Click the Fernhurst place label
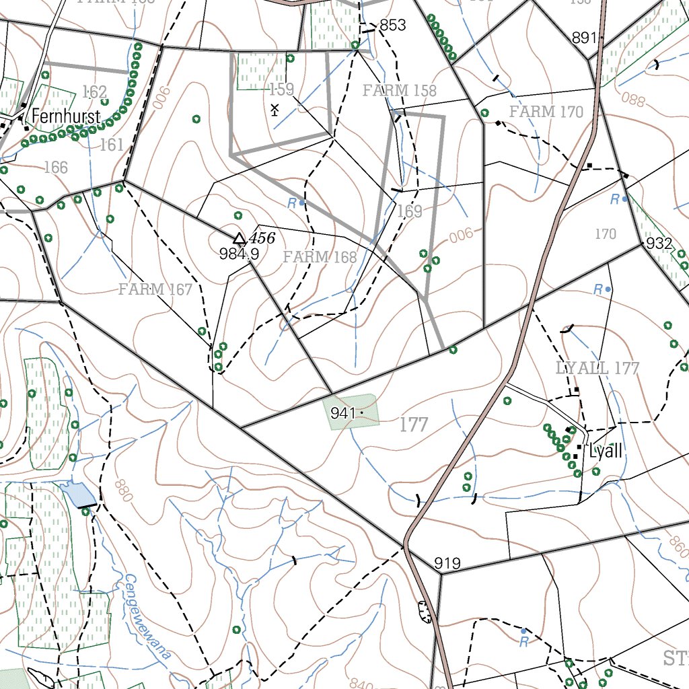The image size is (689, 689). (x=66, y=116)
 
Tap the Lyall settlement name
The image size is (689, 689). (x=605, y=451)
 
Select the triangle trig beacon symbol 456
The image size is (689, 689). (x=239, y=239)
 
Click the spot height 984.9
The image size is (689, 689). (x=239, y=254)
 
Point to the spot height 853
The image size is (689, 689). (x=392, y=25)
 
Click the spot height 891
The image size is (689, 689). (x=585, y=38)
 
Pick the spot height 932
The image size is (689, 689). (x=659, y=244)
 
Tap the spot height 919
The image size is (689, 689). (x=447, y=563)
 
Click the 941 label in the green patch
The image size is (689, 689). (x=342, y=413)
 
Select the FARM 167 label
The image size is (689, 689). (x=155, y=289)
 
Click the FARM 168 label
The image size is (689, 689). (x=320, y=256)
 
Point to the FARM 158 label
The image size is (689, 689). (x=399, y=90)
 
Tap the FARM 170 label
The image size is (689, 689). (x=546, y=112)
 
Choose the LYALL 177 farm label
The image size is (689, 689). (x=597, y=368)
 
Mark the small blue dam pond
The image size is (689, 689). (x=77, y=495)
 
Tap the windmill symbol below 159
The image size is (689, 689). (x=275, y=109)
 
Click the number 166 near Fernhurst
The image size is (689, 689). (x=56, y=167)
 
